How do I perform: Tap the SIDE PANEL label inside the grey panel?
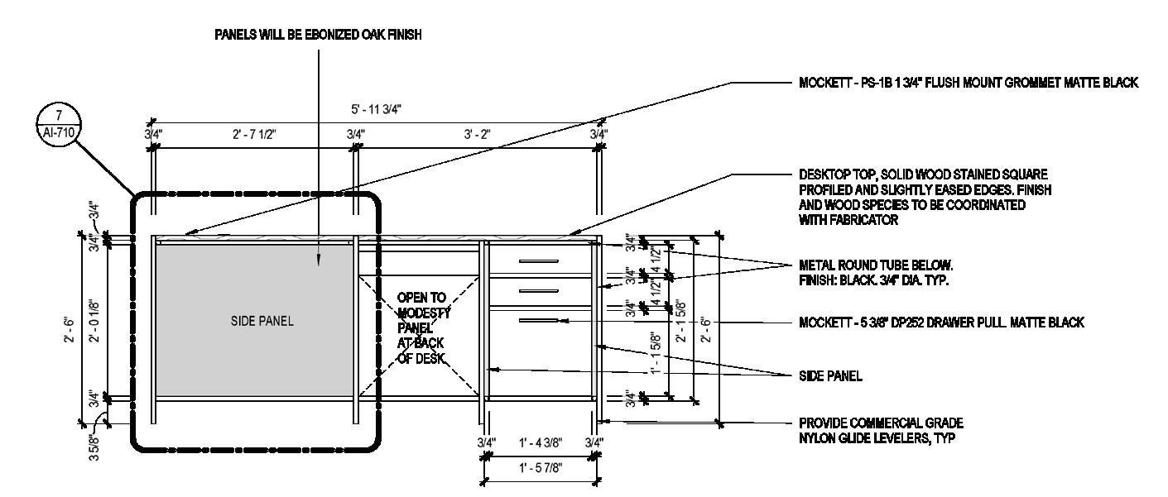(262, 323)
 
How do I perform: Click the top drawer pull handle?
(538, 262)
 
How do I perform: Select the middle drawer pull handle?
(538, 291)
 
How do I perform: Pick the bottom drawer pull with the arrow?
(538, 320)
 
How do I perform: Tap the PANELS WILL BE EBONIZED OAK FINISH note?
(318, 35)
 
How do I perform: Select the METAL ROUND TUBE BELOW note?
(877, 272)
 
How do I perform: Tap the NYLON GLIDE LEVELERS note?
(881, 430)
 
